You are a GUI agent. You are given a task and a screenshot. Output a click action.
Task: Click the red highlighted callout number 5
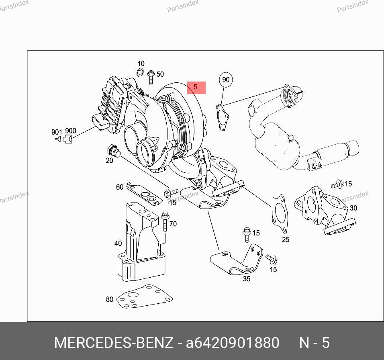coord(196,88)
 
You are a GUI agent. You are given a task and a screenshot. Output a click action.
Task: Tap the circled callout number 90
coord(226,80)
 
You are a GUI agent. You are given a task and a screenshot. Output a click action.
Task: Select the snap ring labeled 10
coord(140,72)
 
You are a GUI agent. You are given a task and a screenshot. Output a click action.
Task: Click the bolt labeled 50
coord(151,78)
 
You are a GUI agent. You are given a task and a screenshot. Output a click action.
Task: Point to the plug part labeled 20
coord(114,151)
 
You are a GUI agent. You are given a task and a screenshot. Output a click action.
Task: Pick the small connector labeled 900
coord(67,139)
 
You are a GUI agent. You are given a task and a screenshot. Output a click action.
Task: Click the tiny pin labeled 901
coord(57,139)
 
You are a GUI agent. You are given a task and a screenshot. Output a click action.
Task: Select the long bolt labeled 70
coord(165,221)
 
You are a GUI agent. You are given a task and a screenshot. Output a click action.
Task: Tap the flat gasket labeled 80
coord(145,297)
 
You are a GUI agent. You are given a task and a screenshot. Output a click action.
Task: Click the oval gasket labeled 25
coord(280,214)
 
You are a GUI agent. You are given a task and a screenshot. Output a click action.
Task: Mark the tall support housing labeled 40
coord(141,242)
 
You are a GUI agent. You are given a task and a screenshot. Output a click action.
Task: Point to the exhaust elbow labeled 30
coord(325,211)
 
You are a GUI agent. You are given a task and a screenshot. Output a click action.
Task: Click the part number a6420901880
coord(233,343)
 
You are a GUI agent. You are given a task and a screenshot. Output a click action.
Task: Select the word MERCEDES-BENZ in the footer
coord(114,343)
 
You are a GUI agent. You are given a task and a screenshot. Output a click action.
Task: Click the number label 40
coord(118,243)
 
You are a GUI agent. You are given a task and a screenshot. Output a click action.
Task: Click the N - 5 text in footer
coord(315,343)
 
